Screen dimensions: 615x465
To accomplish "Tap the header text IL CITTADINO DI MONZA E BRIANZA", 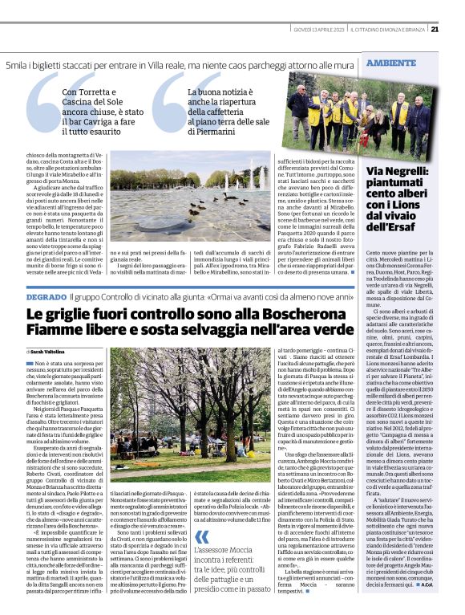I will pos(383,30).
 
